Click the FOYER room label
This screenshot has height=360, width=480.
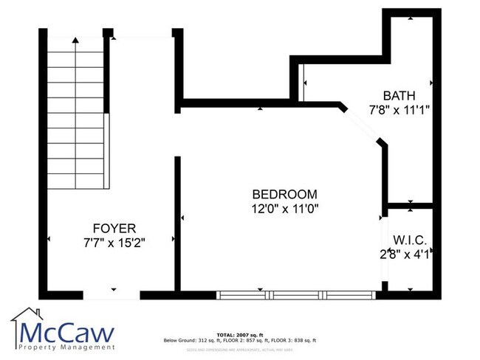pos(114,228)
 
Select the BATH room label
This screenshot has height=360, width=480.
pos(399,95)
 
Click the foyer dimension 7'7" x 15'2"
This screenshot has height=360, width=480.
pos(114,243)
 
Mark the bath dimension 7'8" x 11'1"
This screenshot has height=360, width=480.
pos(399,110)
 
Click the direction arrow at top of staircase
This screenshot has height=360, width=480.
pos(74,42)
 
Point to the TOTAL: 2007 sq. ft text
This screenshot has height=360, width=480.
pos(240,334)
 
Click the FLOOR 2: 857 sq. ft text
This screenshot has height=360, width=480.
pos(242,340)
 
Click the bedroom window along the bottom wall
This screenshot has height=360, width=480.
pos(298,295)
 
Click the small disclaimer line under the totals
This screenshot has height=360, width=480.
pos(240,347)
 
